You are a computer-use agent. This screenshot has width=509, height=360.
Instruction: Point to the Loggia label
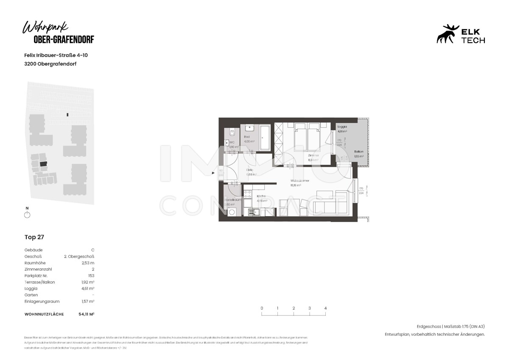342,127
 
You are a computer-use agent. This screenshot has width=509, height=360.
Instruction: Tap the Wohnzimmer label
299,181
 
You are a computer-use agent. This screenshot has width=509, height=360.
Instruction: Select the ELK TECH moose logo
448,34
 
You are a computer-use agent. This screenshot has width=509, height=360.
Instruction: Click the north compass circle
27,215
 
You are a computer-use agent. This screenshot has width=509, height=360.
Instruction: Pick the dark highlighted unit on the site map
43,163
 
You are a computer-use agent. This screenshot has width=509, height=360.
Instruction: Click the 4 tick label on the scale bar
325,308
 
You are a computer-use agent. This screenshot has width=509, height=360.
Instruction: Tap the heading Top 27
34,237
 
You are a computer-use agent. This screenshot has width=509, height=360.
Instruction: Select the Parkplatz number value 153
91,276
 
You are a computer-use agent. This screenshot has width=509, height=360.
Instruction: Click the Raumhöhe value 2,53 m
88,263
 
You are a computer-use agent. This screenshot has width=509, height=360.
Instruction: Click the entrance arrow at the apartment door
214,173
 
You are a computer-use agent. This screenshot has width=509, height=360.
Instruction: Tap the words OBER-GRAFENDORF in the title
64,39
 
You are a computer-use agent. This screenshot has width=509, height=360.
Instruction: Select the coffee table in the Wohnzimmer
324,195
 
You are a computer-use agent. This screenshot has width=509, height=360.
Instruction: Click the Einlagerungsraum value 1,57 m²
88,301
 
